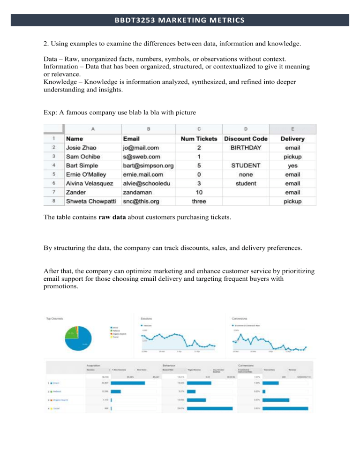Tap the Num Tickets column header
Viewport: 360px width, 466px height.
click(x=199, y=139)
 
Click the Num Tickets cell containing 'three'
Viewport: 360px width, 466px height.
click(x=199, y=201)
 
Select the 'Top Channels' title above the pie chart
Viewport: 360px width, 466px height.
click(x=56, y=319)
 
